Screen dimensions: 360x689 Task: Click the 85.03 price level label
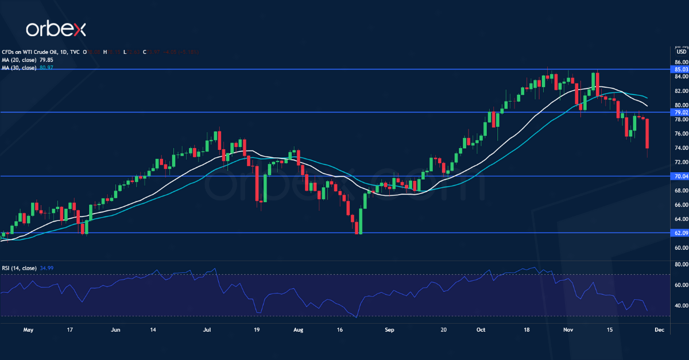point(681,69)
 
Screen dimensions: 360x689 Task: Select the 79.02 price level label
point(681,112)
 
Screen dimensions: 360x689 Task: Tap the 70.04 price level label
point(681,176)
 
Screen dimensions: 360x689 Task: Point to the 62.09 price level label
point(681,233)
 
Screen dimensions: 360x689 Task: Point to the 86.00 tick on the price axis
point(681,62)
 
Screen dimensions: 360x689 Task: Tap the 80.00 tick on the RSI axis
point(681,265)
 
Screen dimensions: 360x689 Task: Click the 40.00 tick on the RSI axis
point(681,306)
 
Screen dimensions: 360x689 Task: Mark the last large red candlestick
point(647,133)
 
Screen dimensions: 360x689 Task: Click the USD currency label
point(682,52)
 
